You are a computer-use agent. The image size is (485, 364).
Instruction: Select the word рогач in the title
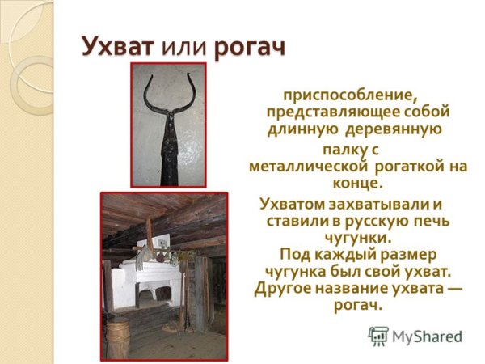pos(251,47)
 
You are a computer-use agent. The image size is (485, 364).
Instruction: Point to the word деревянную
pos(392,129)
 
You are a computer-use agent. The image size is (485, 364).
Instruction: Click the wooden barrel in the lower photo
pos(119,336)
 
